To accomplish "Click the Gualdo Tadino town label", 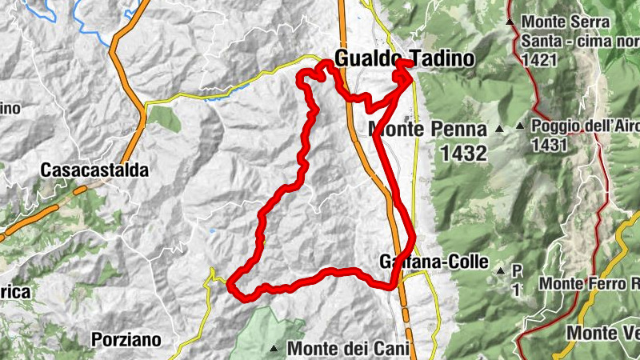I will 404,58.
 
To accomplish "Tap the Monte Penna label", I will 427,130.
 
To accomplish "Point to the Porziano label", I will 126,339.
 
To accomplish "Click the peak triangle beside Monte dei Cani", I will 274,348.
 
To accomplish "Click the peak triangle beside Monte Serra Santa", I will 510,22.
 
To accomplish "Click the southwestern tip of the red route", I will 230,284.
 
